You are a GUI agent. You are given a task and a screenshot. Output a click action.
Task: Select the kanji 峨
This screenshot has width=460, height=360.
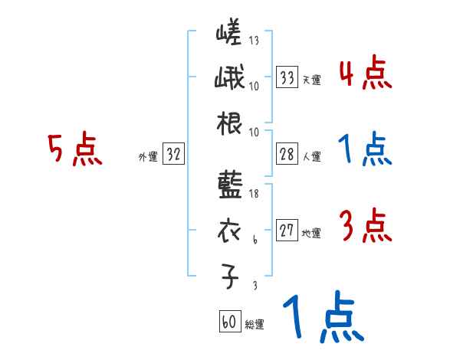228,80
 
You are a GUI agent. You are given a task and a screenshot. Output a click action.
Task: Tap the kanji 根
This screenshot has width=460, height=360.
228,124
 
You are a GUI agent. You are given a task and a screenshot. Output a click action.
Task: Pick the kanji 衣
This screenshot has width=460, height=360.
228,231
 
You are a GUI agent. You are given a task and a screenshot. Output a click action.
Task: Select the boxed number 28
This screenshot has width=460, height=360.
287,154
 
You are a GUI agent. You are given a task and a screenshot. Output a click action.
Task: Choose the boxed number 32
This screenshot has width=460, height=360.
173,154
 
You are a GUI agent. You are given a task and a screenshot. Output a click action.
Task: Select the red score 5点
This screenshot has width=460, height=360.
74,149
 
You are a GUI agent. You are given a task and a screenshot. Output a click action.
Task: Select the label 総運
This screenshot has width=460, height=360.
255,325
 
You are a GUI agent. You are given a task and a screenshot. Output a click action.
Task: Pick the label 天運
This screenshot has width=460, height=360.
312,80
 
